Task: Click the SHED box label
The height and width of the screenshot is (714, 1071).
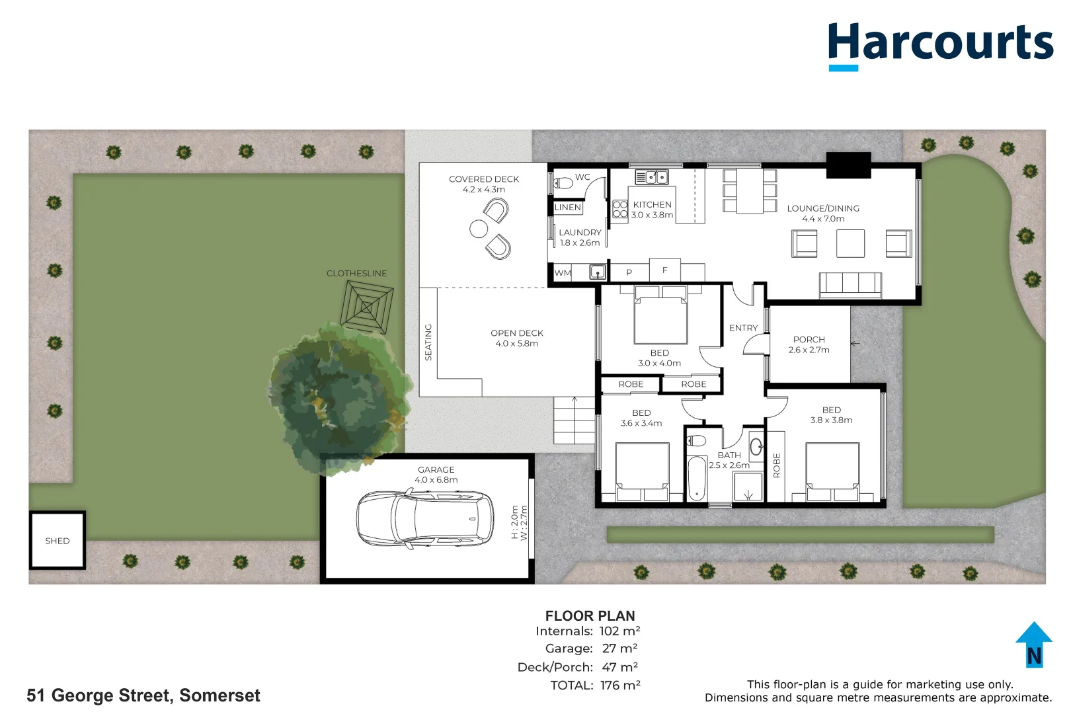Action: [x=58, y=541]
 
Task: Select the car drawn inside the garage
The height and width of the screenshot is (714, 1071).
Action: [x=425, y=519]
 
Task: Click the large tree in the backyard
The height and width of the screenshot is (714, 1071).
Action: [x=339, y=397]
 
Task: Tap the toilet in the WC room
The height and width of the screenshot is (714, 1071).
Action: [x=563, y=182]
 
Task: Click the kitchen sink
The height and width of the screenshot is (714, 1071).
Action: [x=651, y=177]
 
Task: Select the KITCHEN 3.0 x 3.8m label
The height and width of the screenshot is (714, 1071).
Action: [x=652, y=210]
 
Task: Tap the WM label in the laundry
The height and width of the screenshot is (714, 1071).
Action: [x=563, y=273]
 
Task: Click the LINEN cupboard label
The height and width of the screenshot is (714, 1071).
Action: [x=568, y=208]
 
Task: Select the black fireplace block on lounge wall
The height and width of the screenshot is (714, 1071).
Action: [x=848, y=165]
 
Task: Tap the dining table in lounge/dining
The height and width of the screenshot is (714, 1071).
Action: [x=750, y=191]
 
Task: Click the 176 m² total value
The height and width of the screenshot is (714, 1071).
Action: [x=620, y=686]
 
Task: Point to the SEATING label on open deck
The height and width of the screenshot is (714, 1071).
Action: [x=428, y=342]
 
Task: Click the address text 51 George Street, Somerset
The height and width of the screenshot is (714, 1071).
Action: [x=143, y=695]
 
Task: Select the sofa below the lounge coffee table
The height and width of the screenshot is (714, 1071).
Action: [x=850, y=285]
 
